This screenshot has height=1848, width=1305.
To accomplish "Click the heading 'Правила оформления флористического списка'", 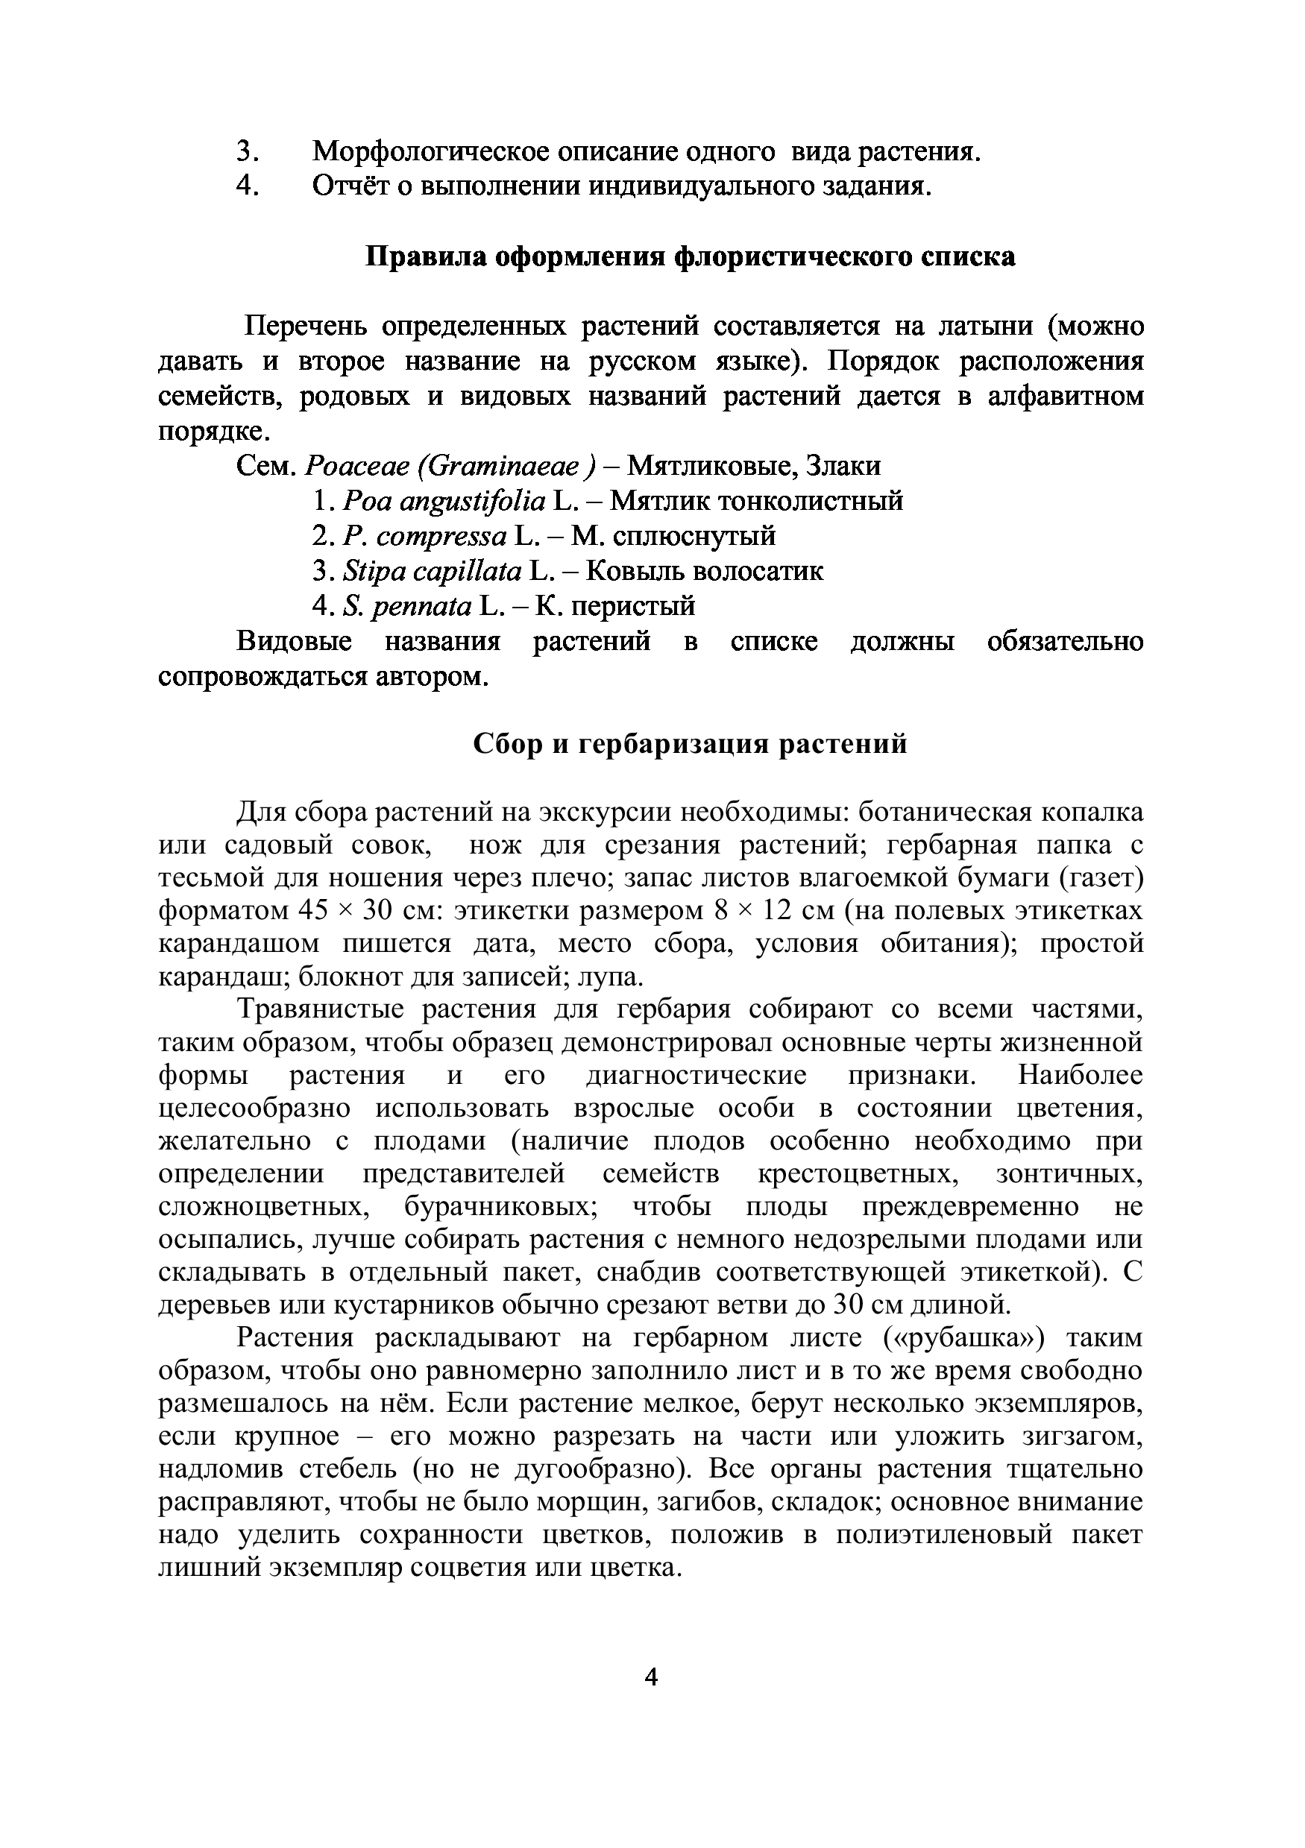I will click(691, 258).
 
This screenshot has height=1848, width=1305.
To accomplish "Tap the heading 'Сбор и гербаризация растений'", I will click(690, 743).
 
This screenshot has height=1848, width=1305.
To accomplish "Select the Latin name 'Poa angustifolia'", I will click(444, 502).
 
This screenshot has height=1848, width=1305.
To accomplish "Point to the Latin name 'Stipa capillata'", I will click(433, 572).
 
